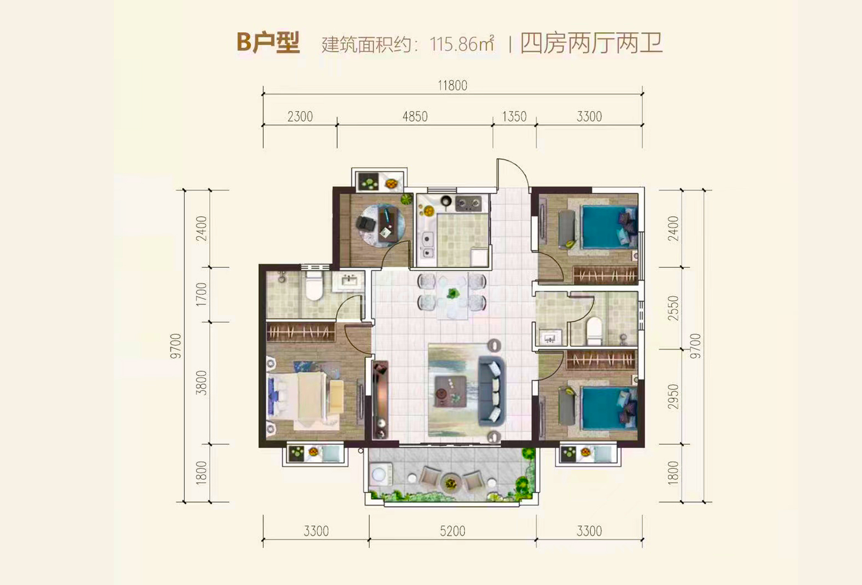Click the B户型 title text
pos(268,43)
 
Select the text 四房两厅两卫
pos(591,43)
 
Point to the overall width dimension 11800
pos(452,85)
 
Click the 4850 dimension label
pos(415,116)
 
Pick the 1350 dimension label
pos(514,116)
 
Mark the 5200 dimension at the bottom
pos(452,531)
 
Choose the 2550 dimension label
pos(673,308)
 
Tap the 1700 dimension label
pos(201,294)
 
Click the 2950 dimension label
pos(673,397)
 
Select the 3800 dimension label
pos(201,383)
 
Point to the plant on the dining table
pos(452,293)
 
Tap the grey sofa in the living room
pos(491,390)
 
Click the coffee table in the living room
pos(450,391)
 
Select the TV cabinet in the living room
pos(380,399)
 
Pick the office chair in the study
pos(365,223)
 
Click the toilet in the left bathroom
pos(314,287)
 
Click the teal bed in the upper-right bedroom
pos(607,227)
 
